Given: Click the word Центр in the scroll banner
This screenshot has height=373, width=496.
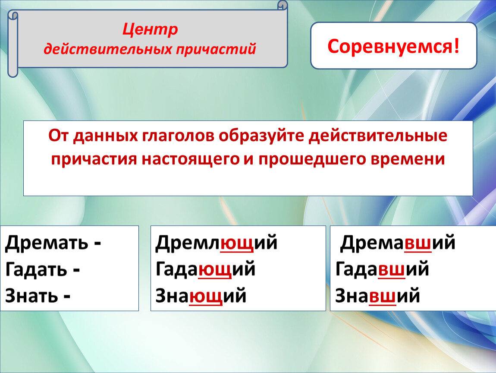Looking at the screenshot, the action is tap(150, 29).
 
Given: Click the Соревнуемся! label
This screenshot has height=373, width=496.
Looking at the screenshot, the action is tap(393, 46).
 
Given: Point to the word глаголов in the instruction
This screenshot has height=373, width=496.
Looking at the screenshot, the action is tap(178, 136).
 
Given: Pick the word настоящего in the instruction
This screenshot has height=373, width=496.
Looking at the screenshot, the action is tap(191, 159).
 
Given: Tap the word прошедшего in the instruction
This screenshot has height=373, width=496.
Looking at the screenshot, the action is tap(312, 159).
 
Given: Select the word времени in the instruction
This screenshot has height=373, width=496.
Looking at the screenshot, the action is tap(408, 158).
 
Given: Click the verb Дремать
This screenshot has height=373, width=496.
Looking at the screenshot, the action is tap(47, 243).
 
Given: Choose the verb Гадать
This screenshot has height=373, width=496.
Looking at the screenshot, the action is tap(36, 270).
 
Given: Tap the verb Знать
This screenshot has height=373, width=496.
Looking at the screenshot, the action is tap(31, 296).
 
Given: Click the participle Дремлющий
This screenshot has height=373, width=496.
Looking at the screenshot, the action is tap(217, 243).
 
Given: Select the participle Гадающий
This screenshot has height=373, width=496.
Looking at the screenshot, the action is tap(205, 269).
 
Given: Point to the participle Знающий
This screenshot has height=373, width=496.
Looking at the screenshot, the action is tap(201, 296).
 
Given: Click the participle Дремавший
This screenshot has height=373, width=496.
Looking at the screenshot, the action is tap(398, 243).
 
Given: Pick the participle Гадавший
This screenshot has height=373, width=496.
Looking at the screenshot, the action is tap(382, 269).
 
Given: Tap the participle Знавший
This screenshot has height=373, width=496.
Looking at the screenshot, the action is tap(377, 296).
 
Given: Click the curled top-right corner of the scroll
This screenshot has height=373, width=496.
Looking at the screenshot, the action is tap(283, 5).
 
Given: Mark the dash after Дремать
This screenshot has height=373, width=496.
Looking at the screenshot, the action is tap(97, 244).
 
